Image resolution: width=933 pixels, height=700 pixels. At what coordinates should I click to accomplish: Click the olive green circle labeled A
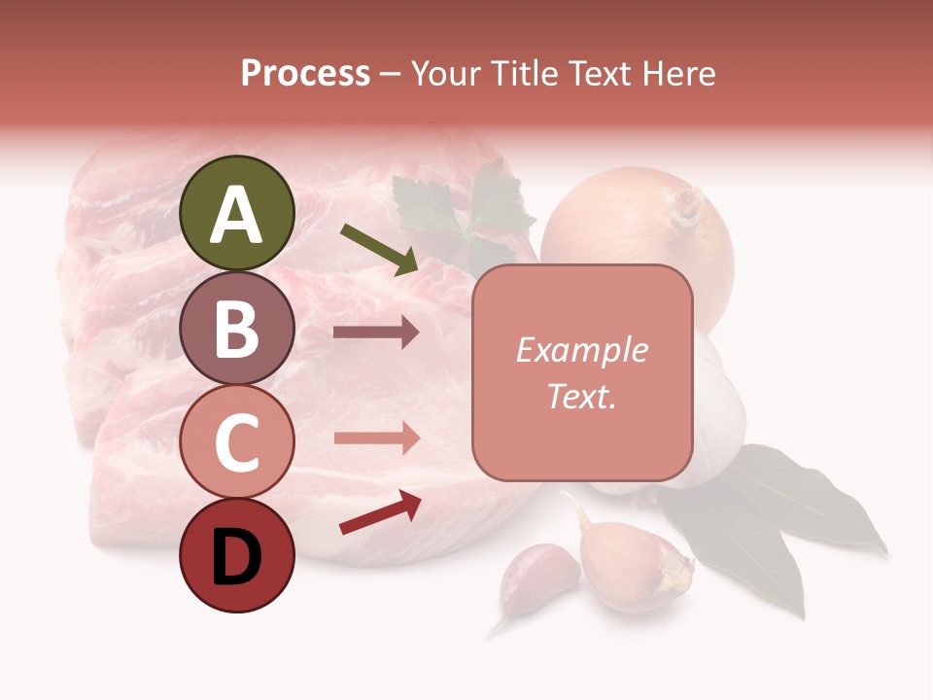237,213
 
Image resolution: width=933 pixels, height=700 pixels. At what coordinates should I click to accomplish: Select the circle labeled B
237,328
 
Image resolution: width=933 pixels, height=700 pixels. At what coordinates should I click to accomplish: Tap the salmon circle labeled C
237,441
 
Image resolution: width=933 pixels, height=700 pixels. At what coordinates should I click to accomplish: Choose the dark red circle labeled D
237,556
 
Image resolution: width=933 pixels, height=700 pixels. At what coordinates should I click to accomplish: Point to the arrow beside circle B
376,332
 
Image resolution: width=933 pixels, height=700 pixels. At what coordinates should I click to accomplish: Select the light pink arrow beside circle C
376,437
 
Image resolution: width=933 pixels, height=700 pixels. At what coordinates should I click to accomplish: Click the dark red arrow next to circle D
380,512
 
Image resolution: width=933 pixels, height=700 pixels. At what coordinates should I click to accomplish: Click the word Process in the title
305,74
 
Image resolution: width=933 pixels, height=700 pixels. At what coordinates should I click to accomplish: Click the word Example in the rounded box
581,350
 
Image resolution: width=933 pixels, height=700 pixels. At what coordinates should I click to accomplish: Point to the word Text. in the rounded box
581,396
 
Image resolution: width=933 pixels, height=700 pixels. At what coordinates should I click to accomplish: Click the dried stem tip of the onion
686,203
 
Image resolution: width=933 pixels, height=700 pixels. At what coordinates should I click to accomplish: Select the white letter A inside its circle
237,215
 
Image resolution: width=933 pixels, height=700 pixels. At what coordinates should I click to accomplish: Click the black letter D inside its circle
237,558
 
